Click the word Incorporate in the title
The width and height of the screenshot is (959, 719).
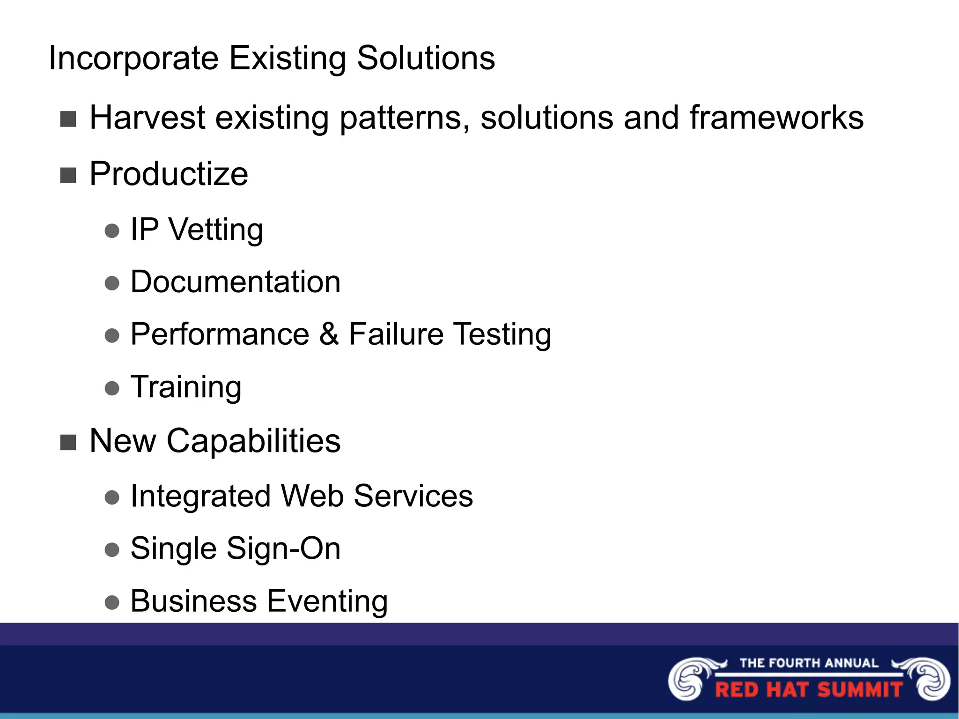coord(133,59)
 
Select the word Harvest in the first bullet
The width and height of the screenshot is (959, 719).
coord(147,118)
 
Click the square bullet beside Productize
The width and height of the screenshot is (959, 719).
coord(68,176)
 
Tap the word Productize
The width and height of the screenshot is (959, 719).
coord(169,174)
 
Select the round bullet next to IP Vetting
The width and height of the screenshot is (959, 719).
coord(112,231)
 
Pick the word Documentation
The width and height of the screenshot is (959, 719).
coord(235,282)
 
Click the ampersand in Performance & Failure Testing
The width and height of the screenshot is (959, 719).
coord(329,334)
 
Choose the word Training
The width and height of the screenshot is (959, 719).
coord(186,387)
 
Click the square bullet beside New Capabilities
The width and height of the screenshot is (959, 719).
coord(68,442)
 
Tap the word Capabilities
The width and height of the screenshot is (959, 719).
coord(253,441)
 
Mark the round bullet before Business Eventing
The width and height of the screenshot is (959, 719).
coord(112,602)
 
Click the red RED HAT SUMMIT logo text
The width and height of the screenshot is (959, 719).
coord(809,690)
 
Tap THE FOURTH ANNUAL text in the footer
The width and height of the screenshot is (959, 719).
coord(809,663)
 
